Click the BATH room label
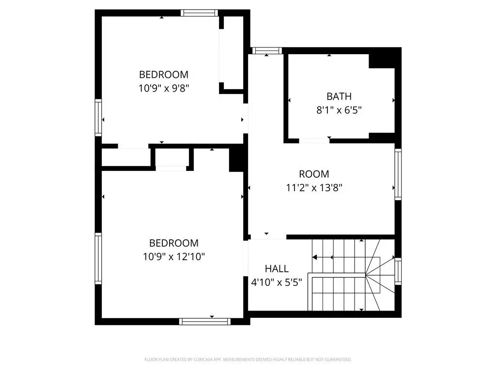pos(339,96)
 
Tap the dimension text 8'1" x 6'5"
pos(339,110)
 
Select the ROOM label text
pos(314,174)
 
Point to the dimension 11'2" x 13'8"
pos(314,188)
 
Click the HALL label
pos(277,268)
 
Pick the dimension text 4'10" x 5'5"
pos(277,282)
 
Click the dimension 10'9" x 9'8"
pos(164,88)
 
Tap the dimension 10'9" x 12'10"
pos(174,257)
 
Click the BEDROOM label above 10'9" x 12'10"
pos(174,243)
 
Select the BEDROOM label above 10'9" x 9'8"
pos(164,74)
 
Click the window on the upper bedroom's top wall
pos(199,13)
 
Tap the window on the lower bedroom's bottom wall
pos(205,322)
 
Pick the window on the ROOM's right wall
pos(398,174)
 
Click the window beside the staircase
pos(398,271)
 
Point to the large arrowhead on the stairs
pos(314,257)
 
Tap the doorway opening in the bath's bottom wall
pos(314,140)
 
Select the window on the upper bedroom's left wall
pos(98,118)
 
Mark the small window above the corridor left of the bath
pos(267,50)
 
